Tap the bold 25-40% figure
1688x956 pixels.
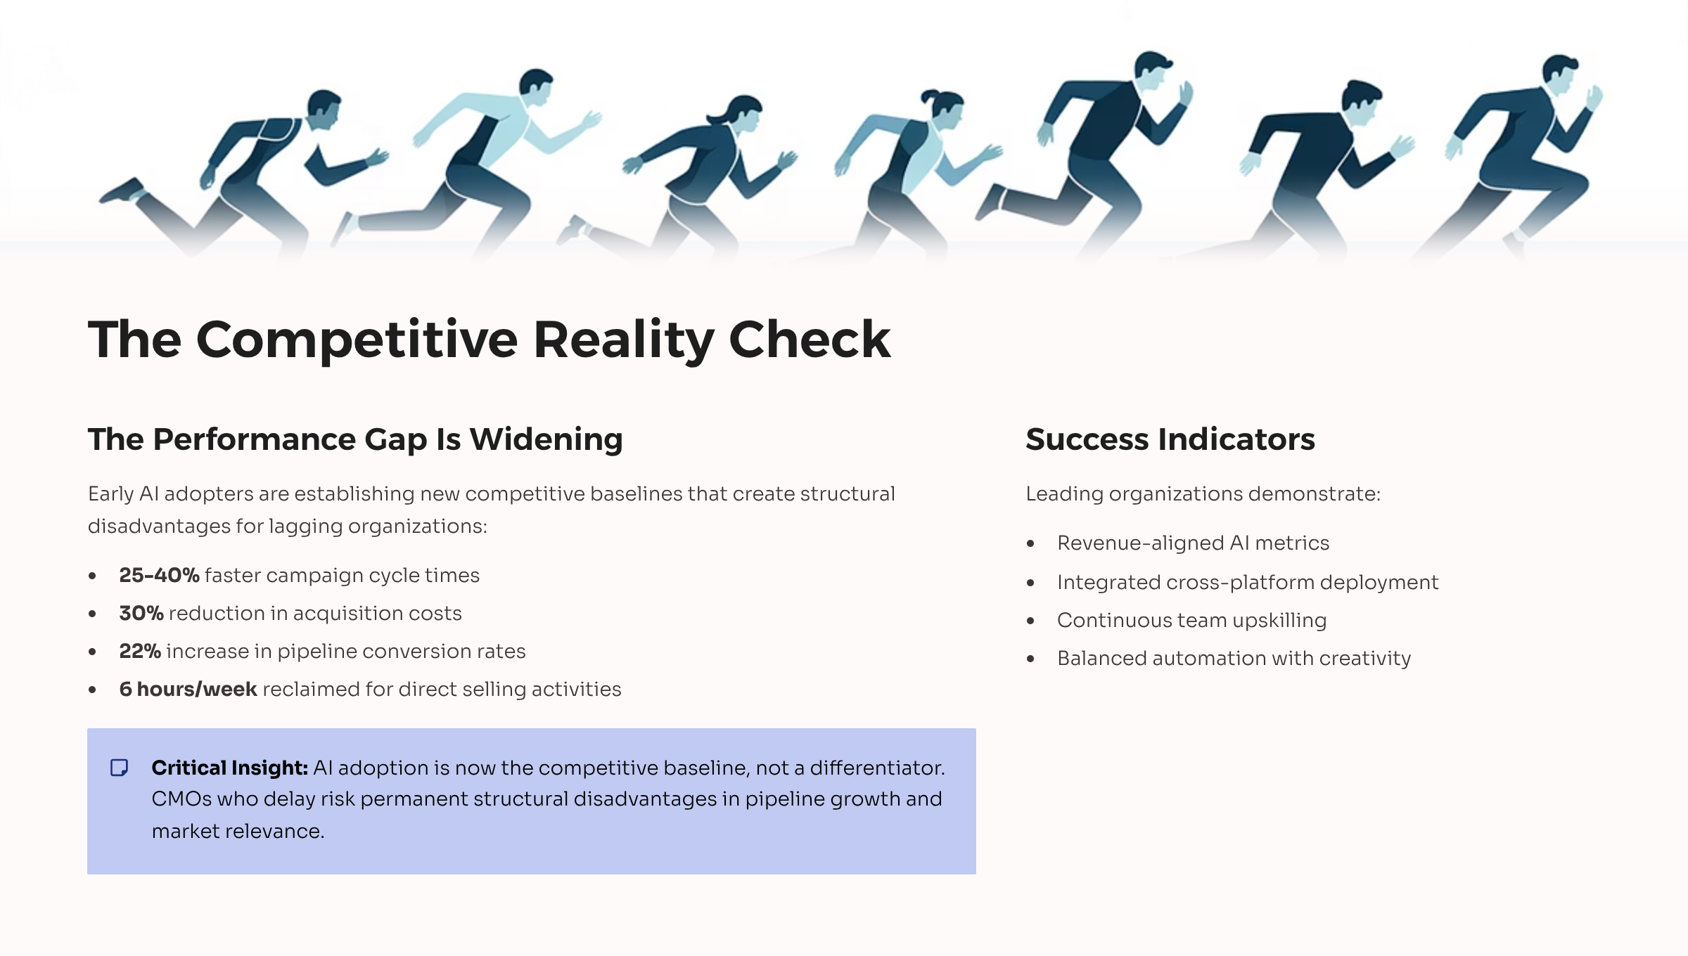(x=160, y=575)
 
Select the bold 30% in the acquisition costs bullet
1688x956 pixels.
(x=141, y=613)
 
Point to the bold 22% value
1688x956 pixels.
(x=140, y=651)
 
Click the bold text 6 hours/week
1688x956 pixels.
(x=188, y=689)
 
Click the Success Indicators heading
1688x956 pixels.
(x=1170, y=439)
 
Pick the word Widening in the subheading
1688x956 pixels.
(x=546, y=440)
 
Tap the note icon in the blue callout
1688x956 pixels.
(x=120, y=768)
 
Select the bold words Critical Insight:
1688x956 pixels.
(x=230, y=768)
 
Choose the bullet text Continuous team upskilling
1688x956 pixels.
(x=1191, y=621)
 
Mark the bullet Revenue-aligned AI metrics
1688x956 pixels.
(x=1193, y=543)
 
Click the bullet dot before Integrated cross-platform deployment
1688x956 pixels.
(x=1030, y=583)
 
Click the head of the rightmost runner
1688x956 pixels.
(x=1560, y=74)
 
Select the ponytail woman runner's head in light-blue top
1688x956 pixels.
(x=943, y=108)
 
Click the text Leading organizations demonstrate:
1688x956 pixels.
(x=1203, y=494)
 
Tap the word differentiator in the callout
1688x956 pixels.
(x=877, y=768)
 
